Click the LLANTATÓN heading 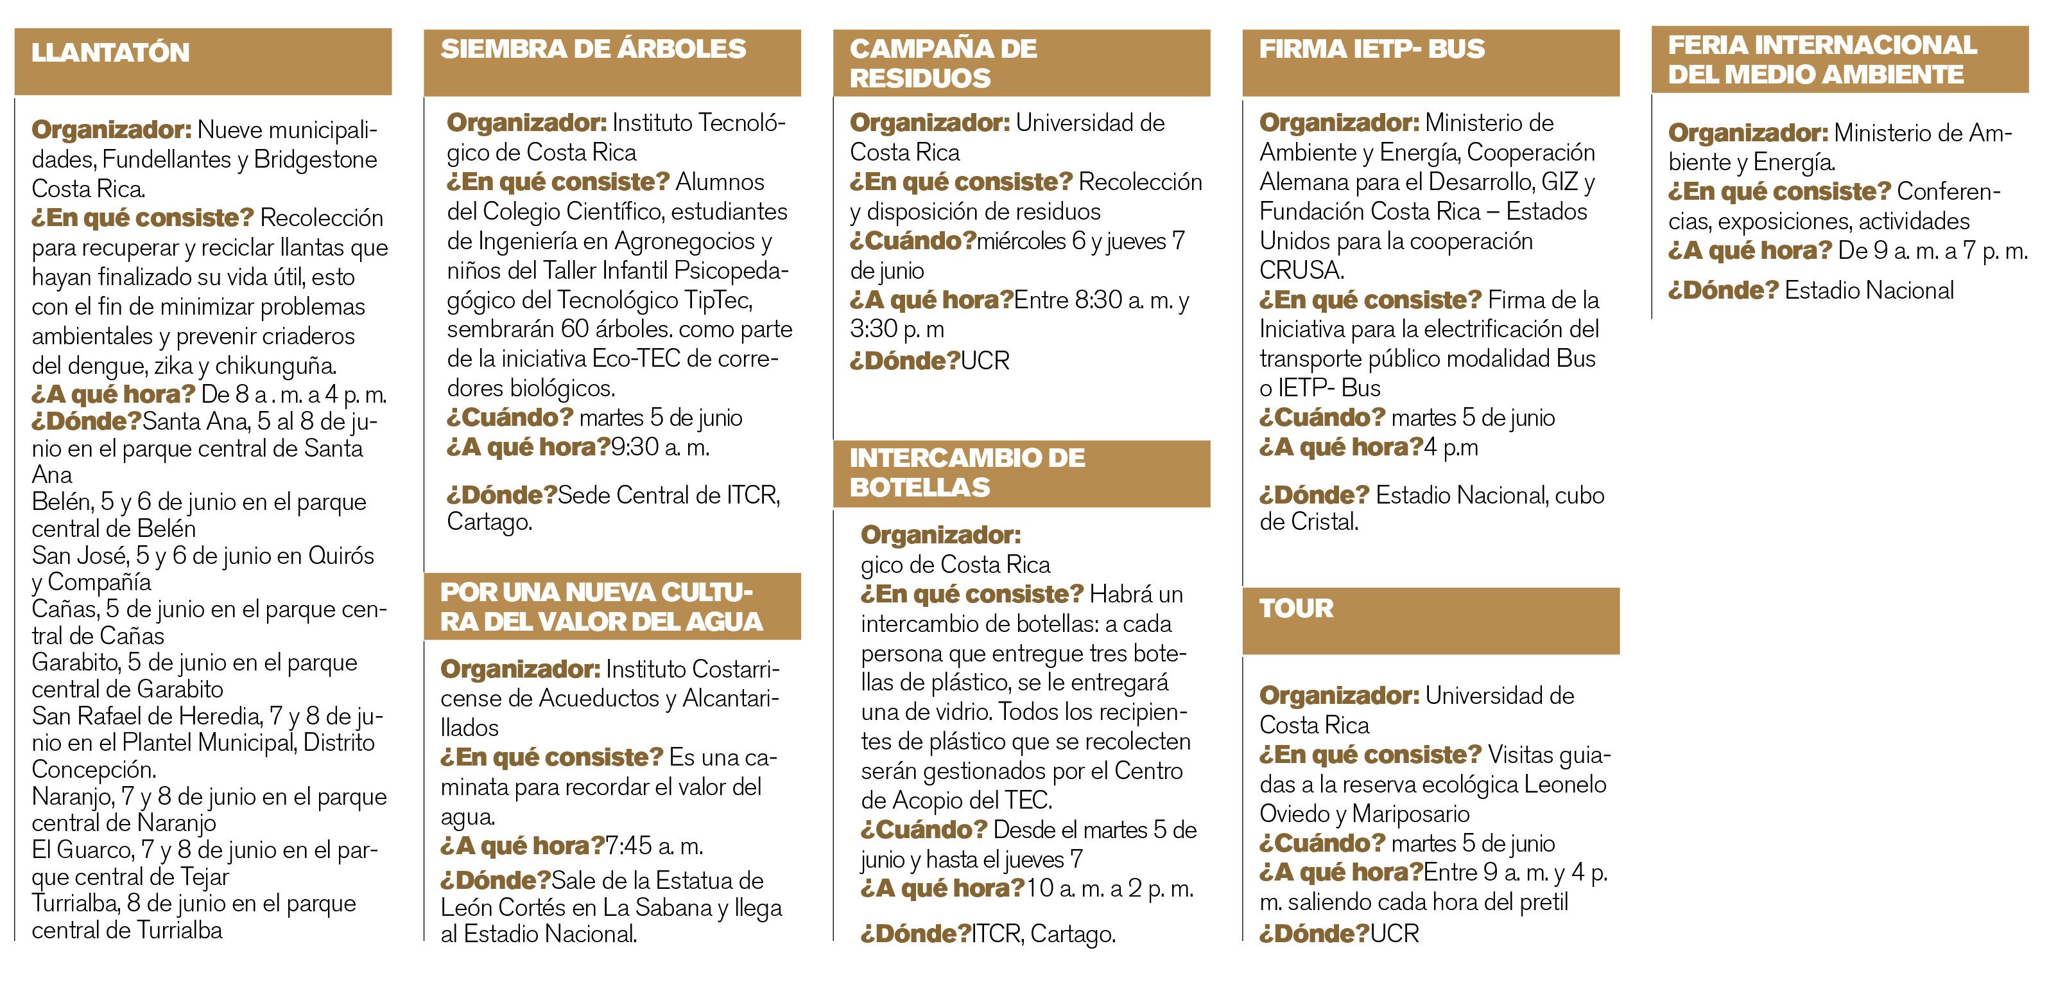pos(110,53)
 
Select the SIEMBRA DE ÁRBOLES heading pos(592,49)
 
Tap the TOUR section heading pos(1296,609)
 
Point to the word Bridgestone pos(315,159)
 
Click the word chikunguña pos(275,365)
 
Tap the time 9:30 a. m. pos(659,447)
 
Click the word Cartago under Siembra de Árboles pos(488,522)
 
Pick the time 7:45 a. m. pos(654,846)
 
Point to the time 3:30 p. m pos(896,329)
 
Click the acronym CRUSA pos(1301,270)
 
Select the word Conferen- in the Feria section pos(1947,192)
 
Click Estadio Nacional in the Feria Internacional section pos(1869,290)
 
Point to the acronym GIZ pos(1559,182)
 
